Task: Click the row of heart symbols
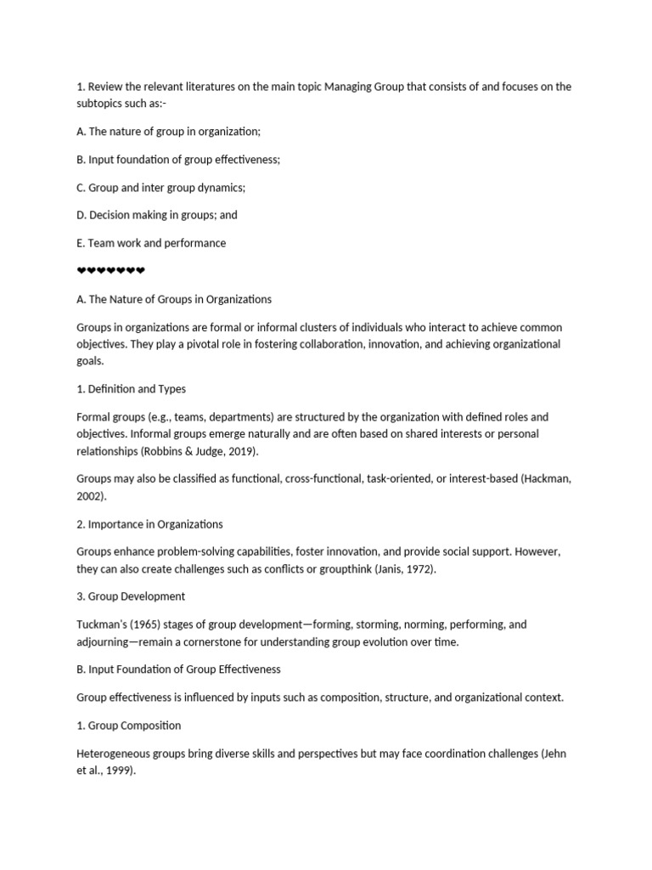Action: coord(111,271)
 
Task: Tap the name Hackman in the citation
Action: coord(546,478)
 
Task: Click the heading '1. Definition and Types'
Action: coord(131,389)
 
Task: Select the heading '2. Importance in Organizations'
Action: coord(149,523)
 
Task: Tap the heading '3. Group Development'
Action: coord(131,596)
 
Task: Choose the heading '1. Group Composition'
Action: coord(128,726)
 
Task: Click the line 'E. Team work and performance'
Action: coord(151,243)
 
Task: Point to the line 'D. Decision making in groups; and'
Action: coord(157,215)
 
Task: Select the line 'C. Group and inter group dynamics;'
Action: coord(160,187)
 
